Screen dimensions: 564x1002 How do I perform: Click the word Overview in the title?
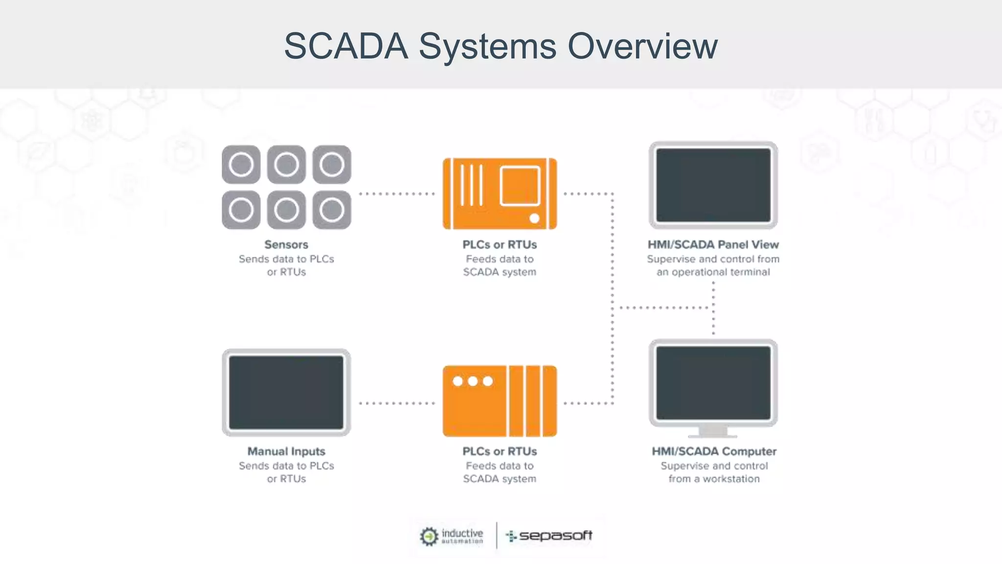(642, 47)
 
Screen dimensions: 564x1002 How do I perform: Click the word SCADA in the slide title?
(346, 47)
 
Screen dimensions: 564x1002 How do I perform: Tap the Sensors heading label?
(286, 244)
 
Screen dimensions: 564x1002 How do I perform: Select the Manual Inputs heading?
(286, 451)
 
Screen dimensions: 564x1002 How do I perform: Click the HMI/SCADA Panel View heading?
(713, 244)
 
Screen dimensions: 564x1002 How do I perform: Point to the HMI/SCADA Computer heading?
(714, 451)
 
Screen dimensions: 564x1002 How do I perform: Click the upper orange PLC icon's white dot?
(534, 218)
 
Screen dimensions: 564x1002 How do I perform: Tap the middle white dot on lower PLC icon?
(473, 381)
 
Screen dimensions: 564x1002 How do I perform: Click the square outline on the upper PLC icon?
(520, 186)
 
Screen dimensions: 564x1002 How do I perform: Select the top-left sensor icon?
(241, 164)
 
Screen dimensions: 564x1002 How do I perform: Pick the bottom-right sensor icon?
(332, 210)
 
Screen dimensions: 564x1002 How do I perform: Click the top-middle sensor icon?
(286, 164)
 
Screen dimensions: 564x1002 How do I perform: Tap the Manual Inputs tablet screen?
(286, 392)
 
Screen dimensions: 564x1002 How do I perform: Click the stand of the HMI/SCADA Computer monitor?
(713, 431)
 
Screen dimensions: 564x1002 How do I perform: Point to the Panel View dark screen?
(713, 185)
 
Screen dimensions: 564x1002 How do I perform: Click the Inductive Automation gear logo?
(429, 536)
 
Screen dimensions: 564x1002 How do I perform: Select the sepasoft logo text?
(555, 536)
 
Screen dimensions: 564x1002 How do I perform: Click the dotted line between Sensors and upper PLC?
(397, 194)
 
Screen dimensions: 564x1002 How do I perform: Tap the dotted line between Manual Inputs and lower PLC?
(397, 403)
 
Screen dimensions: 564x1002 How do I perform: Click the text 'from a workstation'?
(714, 479)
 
